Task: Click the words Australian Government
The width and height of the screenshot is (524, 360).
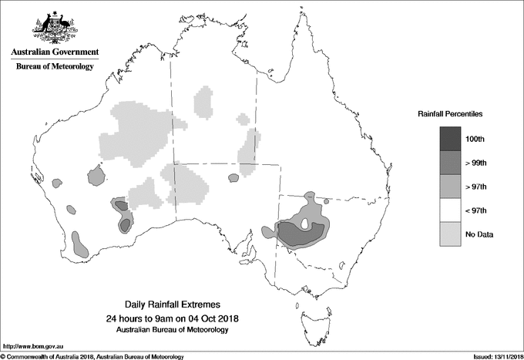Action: point(54,52)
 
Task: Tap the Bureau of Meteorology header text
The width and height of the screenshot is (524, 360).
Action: point(54,67)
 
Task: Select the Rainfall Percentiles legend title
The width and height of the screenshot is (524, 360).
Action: point(450,113)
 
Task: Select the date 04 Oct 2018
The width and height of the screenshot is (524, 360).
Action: point(213,318)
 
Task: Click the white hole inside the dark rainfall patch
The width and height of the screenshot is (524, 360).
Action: point(307,225)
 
